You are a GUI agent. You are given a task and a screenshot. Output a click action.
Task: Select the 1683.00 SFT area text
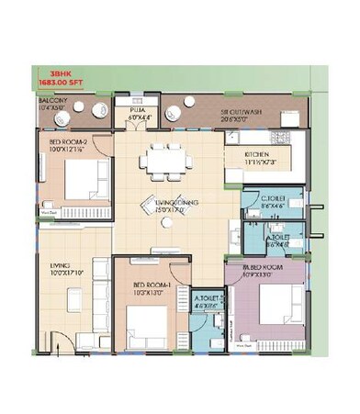point(56,82)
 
